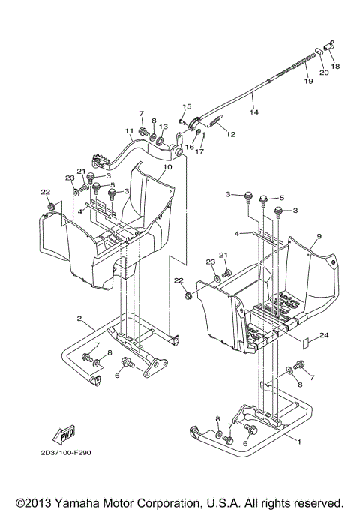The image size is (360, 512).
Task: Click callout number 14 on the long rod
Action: (253, 113)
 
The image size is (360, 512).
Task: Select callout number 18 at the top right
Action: (334, 67)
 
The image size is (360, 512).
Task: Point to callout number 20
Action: (324, 73)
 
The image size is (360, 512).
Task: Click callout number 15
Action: (187, 106)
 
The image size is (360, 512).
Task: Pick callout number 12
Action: (231, 135)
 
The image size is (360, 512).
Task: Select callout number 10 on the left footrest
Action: (166, 167)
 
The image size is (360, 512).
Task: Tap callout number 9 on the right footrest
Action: (318, 236)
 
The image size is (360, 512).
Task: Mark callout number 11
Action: (129, 131)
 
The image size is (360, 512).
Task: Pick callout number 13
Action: (163, 128)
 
